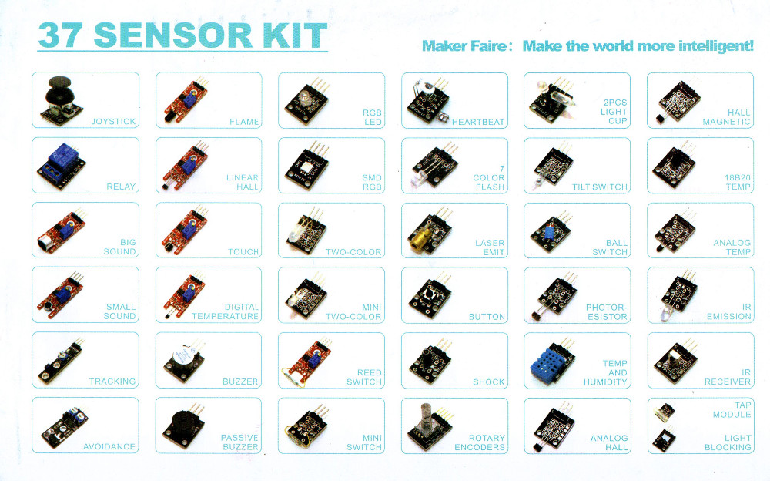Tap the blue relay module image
point(61,166)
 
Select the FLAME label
point(244,122)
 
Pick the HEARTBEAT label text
point(478,122)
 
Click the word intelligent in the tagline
point(715,46)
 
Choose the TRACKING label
point(112,381)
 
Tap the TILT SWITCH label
point(600,187)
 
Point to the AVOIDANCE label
point(109,446)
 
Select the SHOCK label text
point(489,382)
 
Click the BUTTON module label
point(487,317)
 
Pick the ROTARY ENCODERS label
point(479,442)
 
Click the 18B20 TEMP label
point(738,182)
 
